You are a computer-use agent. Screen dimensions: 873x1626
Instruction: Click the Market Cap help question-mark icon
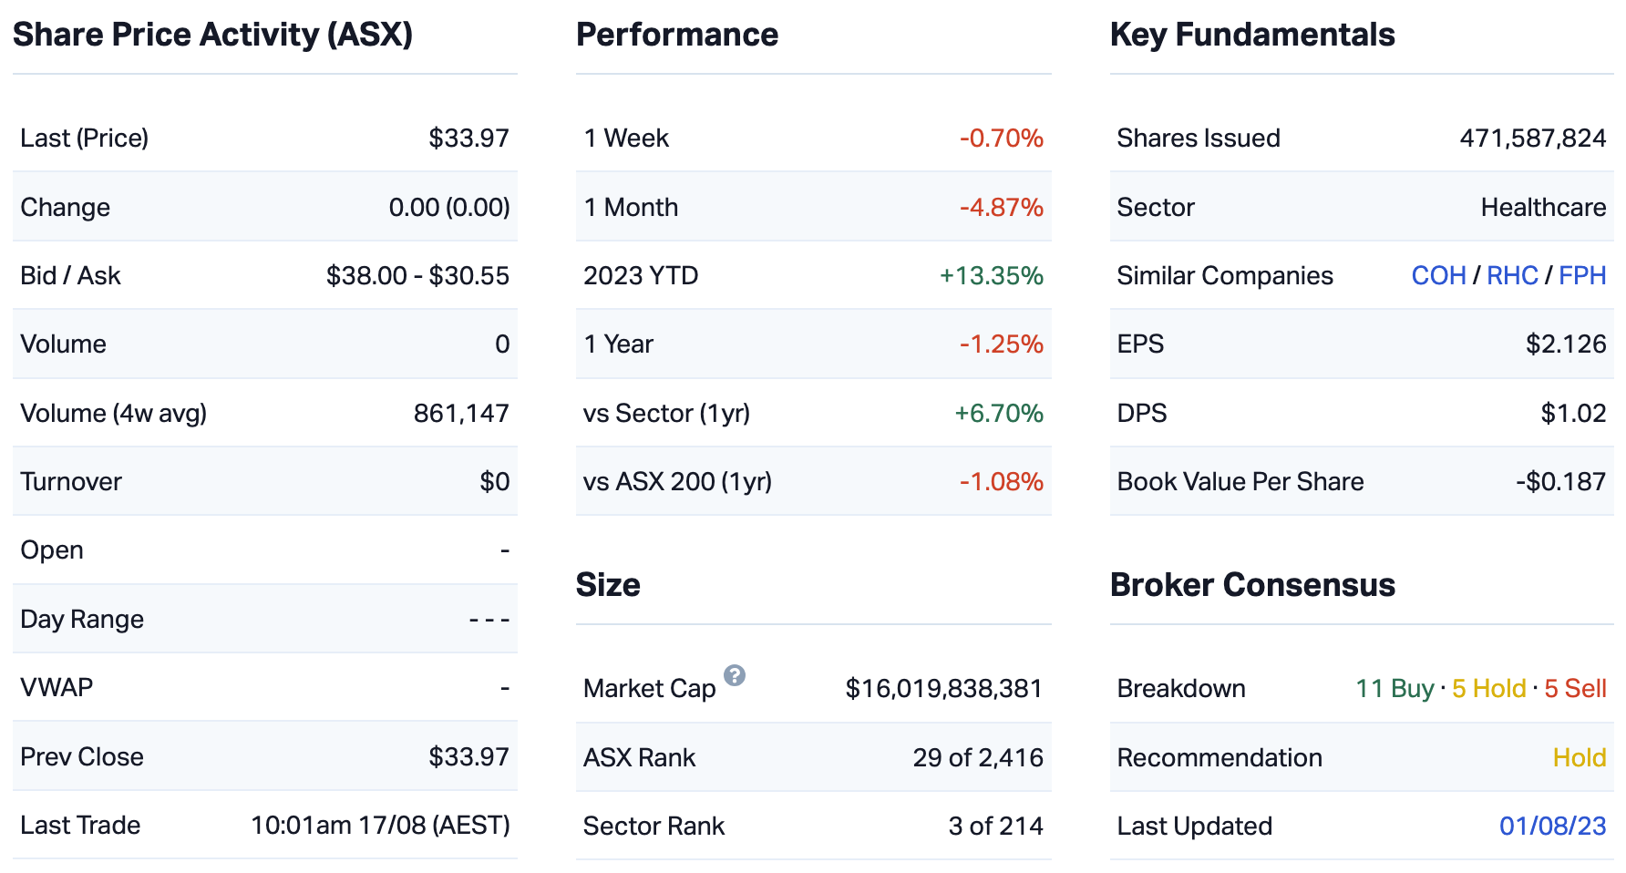(x=735, y=675)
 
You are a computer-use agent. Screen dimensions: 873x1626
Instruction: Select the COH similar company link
(x=1438, y=275)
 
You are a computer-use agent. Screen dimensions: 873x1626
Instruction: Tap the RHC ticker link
(x=1512, y=275)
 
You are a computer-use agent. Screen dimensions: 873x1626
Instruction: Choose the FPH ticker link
(x=1582, y=275)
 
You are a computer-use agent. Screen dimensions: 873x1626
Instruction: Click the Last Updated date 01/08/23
(x=1552, y=826)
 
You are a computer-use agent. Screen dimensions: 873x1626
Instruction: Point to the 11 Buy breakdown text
(x=1394, y=688)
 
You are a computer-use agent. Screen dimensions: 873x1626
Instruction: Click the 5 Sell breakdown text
(x=1575, y=688)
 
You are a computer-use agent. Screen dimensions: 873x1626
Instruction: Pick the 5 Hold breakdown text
(x=1488, y=688)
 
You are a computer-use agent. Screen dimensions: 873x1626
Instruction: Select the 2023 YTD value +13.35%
(x=992, y=275)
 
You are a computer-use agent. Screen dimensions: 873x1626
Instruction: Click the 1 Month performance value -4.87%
(x=1001, y=207)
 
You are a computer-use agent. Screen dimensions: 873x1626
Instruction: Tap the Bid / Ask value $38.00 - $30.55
(x=417, y=275)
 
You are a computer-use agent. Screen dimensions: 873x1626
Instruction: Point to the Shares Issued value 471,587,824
(x=1533, y=138)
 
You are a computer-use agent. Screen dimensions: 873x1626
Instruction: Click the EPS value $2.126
(x=1566, y=344)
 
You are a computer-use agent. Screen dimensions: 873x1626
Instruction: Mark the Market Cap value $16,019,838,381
(x=943, y=688)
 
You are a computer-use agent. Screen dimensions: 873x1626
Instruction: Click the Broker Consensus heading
(x=1252, y=584)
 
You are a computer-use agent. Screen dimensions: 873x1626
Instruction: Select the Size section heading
(x=608, y=584)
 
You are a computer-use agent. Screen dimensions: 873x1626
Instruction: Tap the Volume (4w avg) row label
(x=114, y=413)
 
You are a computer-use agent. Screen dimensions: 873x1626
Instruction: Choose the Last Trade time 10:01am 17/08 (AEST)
(x=380, y=825)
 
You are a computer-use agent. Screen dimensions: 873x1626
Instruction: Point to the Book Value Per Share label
(x=1240, y=481)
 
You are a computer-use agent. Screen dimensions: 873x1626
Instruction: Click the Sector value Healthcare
(x=1543, y=207)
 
